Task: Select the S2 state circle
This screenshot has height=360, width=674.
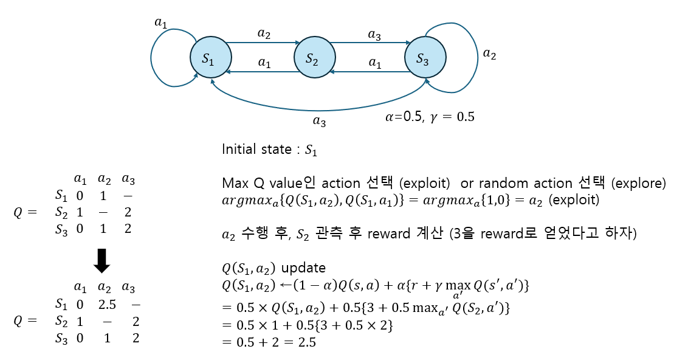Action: pyautogui.click(x=312, y=58)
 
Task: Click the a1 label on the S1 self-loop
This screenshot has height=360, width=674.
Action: pyautogui.click(x=160, y=23)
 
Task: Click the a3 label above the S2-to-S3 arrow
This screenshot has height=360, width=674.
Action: pyautogui.click(x=375, y=35)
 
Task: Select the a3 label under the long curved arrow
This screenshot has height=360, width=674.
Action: pyautogui.click(x=319, y=121)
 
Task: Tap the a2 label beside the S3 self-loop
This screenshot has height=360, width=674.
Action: pyautogui.click(x=489, y=54)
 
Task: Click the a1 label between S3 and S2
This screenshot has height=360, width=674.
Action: pyautogui.click(x=375, y=63)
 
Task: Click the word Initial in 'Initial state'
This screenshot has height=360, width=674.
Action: pyautogui.click(x=239, y=150)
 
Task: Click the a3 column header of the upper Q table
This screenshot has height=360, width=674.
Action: pyautogui.click(x=128, y=179)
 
